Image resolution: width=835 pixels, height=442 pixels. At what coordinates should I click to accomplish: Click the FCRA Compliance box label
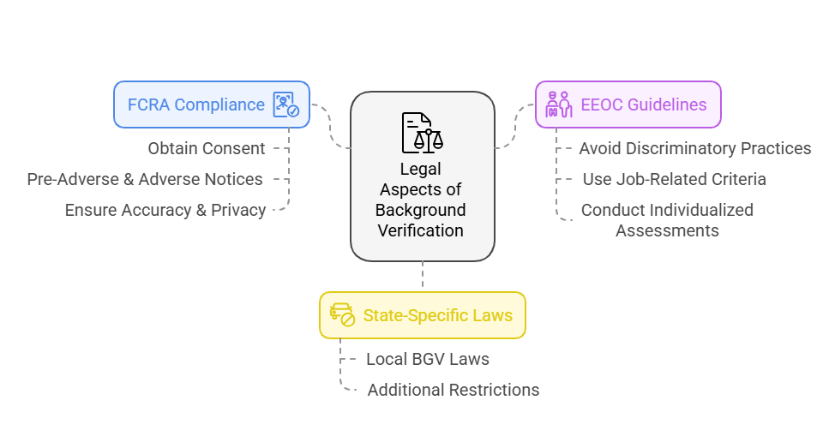pyautogui.click(x=195, y=105)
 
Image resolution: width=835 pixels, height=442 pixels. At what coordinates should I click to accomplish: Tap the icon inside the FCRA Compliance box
pyautogui.click(x=285, y=105)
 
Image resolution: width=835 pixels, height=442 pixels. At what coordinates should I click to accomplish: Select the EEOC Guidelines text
pyautogui.click(x=643, y=105)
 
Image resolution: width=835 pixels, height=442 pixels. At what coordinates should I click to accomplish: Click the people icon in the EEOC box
pyautogui.click(x=558, y=105)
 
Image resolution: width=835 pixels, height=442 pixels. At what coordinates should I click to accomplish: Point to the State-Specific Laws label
pyautogui.click(x=437, y=315)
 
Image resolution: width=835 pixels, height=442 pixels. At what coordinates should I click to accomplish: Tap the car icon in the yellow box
pyautogui.click(x=342, y=314)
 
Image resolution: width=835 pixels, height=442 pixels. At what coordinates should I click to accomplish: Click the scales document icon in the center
pyautogui.click(x=422, y=133)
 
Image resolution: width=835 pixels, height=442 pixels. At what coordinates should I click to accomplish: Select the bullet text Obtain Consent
pyautogui.click(x=206, y=148)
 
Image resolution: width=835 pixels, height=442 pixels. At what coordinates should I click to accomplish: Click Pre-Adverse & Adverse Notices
pyautogui.click(x=145, y=179)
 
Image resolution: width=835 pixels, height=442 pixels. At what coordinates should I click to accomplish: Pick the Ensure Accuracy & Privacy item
pyautogui.click(x=165, y=210)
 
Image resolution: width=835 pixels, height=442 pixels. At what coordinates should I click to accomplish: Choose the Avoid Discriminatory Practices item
pyautogui.click(x=694, y=148)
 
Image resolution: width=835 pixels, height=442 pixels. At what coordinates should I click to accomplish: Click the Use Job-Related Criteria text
pyautogui.click(x=674, y=179)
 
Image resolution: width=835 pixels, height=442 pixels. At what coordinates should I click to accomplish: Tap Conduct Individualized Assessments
pyautogui.click(x=667, y=219)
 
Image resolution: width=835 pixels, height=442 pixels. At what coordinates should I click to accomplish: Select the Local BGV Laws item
pyautogui.click(x=427, y=359)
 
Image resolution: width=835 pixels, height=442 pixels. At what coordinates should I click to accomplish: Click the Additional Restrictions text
pyautogui.click(x=453, y=390)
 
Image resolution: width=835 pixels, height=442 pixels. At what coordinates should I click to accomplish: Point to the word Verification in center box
pyautogui.click(x=421, y=230)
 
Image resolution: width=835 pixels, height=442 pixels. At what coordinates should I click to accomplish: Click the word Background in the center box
pyautogui.click(x=421, y=210)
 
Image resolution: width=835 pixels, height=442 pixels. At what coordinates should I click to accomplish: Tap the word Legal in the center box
pyautogui.click(x=421, y=169)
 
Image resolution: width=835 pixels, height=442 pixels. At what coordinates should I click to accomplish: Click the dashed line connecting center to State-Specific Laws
pyautogui.click(x=422, y=276)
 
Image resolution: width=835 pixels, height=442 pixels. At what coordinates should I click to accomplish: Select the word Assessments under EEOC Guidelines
pyautogui.click(x=667, y=230)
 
